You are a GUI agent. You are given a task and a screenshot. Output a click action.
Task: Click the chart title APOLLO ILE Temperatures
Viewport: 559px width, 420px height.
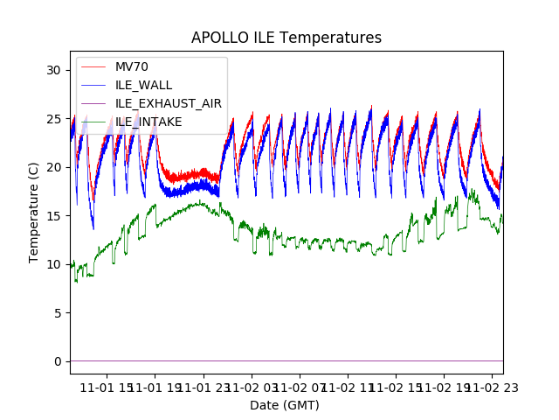(x=286, y=38)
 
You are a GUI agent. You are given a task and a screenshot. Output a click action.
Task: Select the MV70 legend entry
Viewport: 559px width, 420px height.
(x=132, y=66)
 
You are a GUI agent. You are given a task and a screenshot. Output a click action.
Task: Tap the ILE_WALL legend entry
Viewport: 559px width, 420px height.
(x=143, y=85)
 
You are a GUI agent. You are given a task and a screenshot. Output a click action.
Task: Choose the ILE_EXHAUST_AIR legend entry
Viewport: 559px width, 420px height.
(x=168, y=103)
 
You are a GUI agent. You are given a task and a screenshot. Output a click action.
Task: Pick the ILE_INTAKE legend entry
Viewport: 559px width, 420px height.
(x=148, y=122)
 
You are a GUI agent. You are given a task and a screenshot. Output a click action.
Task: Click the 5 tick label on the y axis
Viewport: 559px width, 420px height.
(x=59, y=313)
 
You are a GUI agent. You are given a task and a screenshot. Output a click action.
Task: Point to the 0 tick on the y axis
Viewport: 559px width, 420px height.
(x=59, y=361)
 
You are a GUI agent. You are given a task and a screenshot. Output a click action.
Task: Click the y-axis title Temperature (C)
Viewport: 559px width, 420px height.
(x=34, y=213)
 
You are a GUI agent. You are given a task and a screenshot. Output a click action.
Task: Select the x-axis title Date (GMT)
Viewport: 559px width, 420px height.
(x=285, y=405)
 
